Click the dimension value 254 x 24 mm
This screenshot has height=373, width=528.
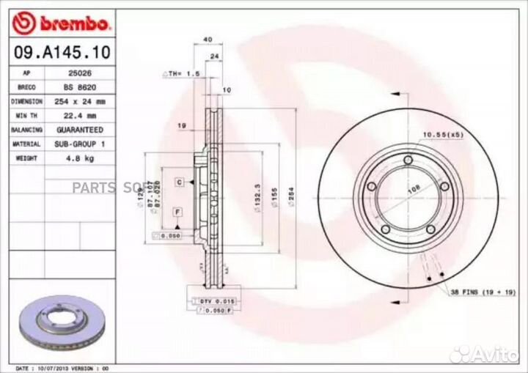(x=80, y=101)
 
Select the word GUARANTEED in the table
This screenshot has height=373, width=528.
(x=80, y=130)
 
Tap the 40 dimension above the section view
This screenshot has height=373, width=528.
(x=208, y=40)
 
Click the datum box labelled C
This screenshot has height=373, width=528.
(x=178, y=180)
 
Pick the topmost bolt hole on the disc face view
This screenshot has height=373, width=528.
(x=408, y=163)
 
